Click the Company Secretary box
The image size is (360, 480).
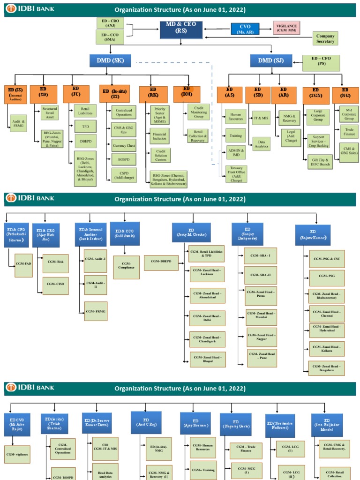[325, 38]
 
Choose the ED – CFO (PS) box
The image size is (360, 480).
[322, 61]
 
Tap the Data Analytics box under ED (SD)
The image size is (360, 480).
[261, 143]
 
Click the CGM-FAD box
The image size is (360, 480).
[23, 265]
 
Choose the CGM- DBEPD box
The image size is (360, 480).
[161, 263]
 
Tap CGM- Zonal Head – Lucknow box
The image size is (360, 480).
[208, 275]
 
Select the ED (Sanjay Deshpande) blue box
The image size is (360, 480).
[247, 234]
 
